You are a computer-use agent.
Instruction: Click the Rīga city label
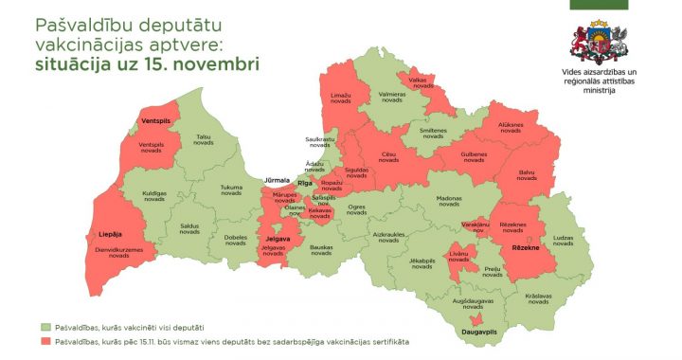coord(304,183)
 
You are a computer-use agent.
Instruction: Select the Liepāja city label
coord(111,234)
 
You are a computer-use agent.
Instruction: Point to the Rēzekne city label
coord(526,246)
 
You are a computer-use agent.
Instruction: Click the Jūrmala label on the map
coord(277,179)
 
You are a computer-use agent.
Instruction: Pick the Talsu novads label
coord(203,139)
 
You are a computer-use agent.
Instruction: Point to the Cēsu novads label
coord(388,157)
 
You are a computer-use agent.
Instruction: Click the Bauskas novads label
coord(321,250)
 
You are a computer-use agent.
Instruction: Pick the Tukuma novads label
coord(231,189)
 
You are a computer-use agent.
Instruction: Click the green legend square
coord(45,327)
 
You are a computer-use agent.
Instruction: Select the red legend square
coord(45,340)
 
